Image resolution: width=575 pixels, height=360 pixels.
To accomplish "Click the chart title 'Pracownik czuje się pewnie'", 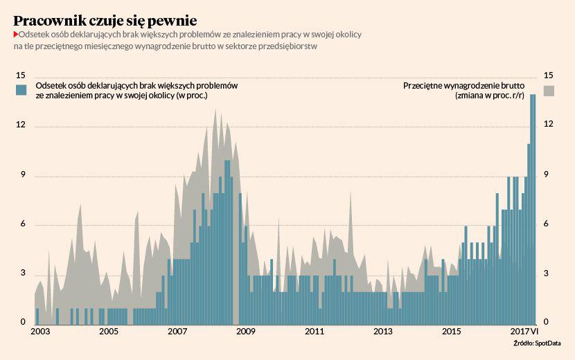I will coord(105,19).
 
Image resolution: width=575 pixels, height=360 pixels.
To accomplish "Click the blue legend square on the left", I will coord(21,90).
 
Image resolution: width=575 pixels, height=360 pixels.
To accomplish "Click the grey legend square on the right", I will coord(549,90).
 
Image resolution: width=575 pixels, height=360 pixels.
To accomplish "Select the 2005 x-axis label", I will coord(108,332).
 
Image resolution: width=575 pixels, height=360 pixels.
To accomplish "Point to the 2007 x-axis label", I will coord(179,332).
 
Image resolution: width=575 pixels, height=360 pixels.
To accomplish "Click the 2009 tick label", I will coord(246,332).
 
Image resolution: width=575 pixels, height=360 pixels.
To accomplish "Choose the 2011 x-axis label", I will coord(315,332).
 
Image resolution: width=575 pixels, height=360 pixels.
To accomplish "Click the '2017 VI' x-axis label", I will coord(524,332).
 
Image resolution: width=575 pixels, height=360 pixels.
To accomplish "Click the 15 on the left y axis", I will coord(21,75).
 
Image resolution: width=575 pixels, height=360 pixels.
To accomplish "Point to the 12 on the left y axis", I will coord(21,125).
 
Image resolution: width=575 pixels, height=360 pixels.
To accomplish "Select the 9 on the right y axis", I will coord(547,175).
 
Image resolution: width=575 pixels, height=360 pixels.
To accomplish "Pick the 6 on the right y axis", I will coord(547,224).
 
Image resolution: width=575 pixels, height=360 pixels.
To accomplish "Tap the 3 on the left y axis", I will coord(21,274).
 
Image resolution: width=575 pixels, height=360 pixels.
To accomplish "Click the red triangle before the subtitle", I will coord(16,34).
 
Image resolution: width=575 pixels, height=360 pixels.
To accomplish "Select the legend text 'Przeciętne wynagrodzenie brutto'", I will coord(463,86).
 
